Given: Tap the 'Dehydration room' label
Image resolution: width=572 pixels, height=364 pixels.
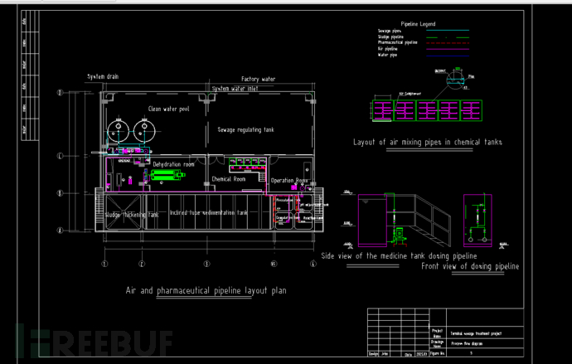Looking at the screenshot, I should pyautogui.click(x=173, y=165).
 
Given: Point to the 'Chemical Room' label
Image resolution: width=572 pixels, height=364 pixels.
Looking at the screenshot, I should pyautogui.click(x=228, y=178).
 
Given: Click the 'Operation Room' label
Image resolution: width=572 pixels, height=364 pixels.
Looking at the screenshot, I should pyautogui.click(x=289, y=180).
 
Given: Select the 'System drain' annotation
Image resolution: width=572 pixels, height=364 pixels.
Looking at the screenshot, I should pyautogui.click(x=103, y=76).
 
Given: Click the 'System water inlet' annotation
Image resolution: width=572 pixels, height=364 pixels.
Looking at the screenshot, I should pyautogui.click(x=235, y=88).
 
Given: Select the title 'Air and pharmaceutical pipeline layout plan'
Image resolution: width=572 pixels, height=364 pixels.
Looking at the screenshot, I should pyautogui.click(x=206, y=291).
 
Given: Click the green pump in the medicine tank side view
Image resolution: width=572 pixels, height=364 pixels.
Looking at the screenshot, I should pyautogui.click(x=398, y=234).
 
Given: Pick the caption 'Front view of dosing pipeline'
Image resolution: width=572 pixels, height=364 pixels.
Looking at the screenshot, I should pyautogui.click(x=470, y=266).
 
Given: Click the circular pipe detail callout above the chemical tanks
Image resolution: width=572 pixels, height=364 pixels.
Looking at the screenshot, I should pyautogui.click(x=451, y=77).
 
